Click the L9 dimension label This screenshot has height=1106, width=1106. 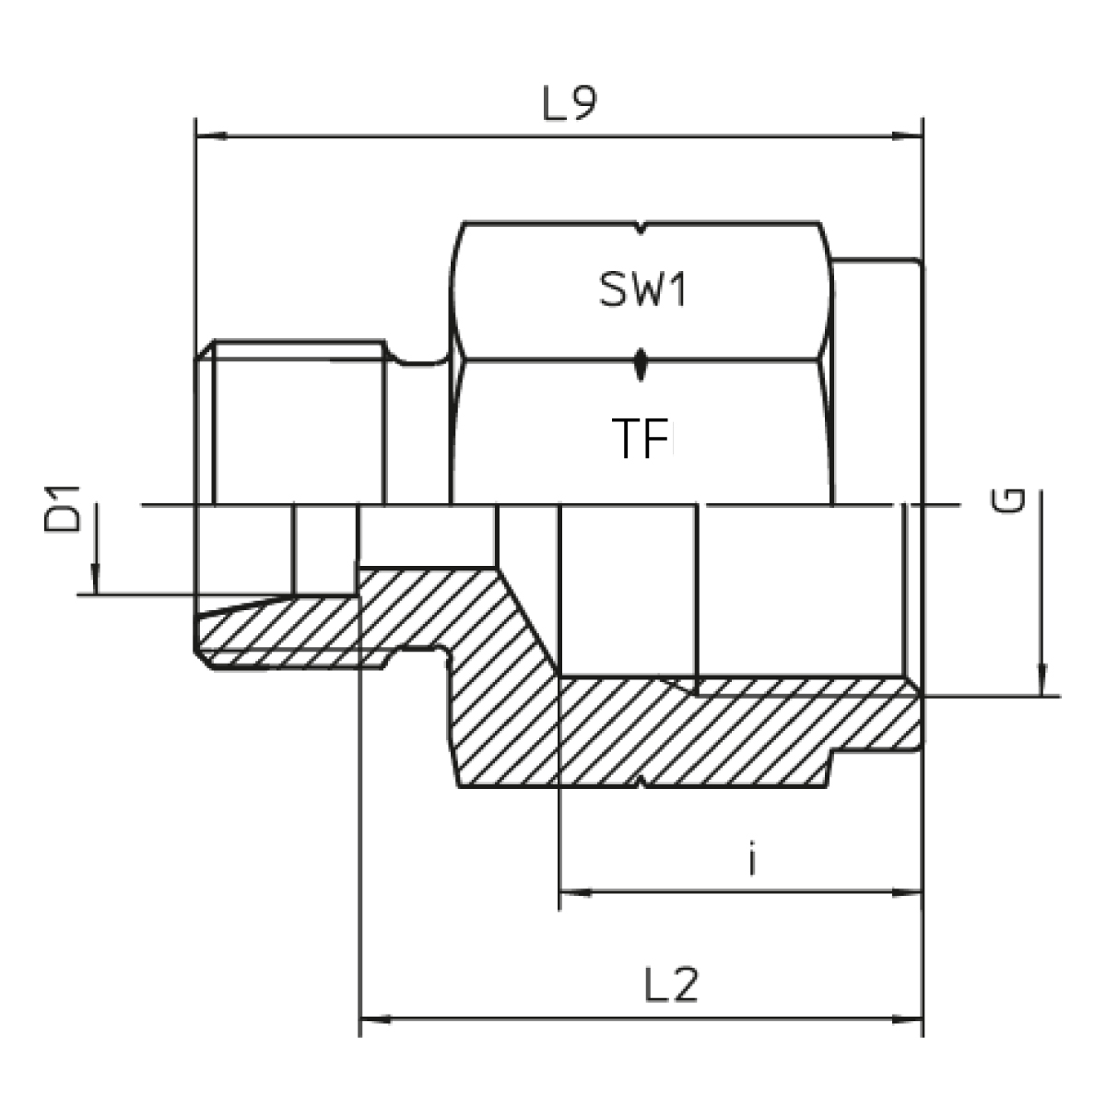point(570,104)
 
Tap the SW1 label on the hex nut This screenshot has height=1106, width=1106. point(642,289)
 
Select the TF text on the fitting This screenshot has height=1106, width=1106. point(641,438)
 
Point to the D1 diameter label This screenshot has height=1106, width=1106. point(62,509)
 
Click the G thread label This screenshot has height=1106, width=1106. point(1008,500)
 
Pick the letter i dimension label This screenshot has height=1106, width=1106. point(752,859)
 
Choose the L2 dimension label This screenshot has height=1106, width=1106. point(671,984)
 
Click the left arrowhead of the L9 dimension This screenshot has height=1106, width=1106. point(211,136)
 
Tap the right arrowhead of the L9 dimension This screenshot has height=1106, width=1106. point(908,136)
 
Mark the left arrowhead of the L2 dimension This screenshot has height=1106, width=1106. point(375,1020)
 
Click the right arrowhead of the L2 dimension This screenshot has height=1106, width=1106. point(908,1020)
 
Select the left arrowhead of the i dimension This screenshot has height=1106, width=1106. point(575,892)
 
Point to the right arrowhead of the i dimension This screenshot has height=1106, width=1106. point(908,892)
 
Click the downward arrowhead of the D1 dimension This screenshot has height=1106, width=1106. point(95,579)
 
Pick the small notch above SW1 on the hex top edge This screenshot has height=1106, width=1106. point(641,228)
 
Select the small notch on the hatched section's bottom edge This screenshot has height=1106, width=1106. point(641,782)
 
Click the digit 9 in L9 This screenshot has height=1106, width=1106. point(583,104)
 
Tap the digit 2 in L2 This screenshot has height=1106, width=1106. point(685,984)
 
